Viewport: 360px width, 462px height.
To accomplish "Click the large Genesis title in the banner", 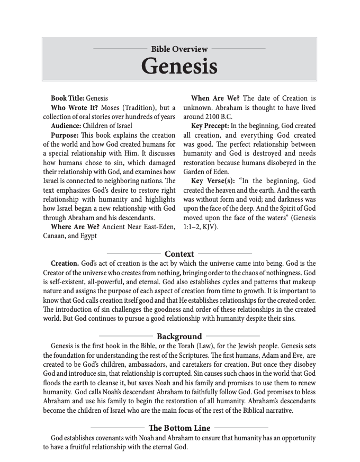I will point(179,66).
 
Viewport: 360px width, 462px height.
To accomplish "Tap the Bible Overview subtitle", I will point(179,49).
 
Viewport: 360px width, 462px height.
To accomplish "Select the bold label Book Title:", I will point(67,98).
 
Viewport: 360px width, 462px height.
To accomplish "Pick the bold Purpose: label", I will point(65,135).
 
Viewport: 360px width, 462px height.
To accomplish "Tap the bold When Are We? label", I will point(215,98).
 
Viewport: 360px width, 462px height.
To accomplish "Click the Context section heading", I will point(179,253).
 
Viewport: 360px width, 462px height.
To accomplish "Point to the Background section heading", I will point(179,336).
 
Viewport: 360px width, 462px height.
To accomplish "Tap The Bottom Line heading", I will point(179,428).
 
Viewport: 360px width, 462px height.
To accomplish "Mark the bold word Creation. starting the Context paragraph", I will point(65,263).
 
